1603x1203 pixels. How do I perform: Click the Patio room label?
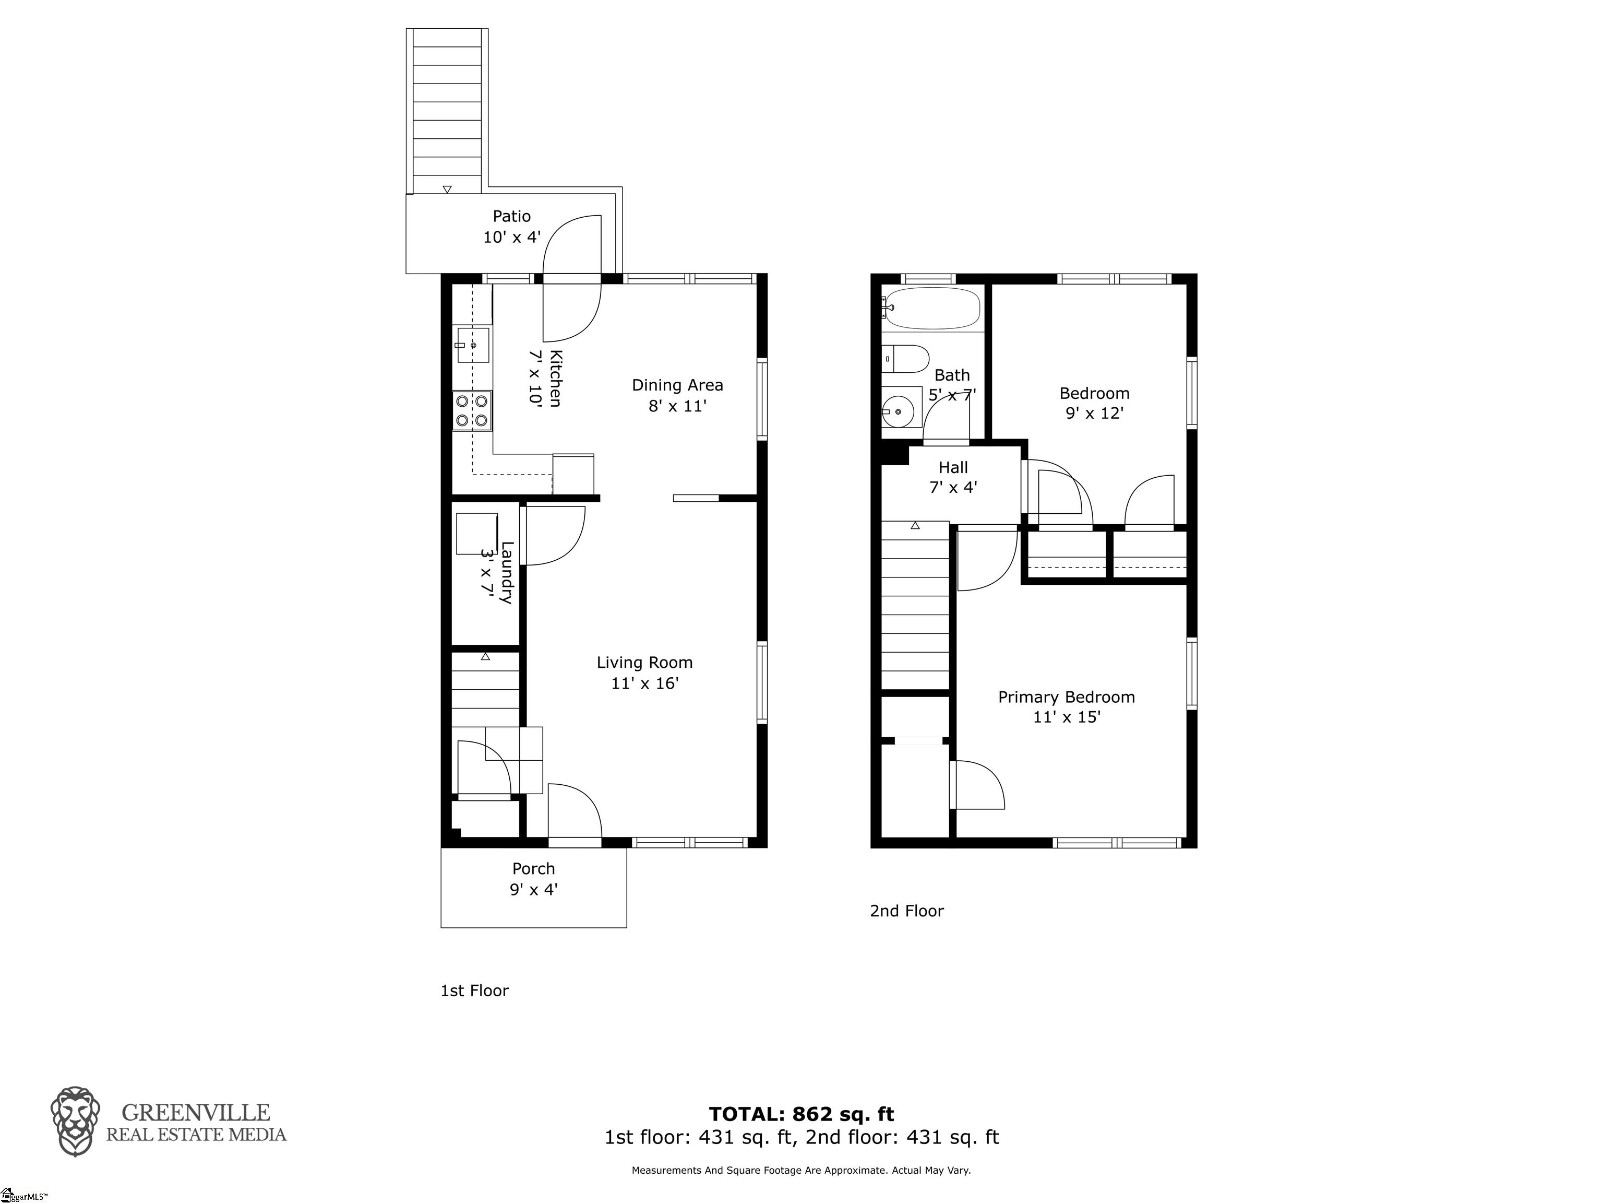click(x=511, y=216)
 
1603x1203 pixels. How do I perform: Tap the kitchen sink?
click(x=472, y=345)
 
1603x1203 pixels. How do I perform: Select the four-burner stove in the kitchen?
click(x=472, y=410)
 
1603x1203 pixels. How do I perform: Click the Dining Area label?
click(x=678, y=385)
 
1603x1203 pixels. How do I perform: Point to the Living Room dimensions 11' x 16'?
click(x=645, y=683)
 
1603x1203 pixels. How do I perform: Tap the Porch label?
click(x=533, y=869)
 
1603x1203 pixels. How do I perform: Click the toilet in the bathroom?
click(x=906, y=359)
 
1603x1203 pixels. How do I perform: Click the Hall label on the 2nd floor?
click(x=953, y=468)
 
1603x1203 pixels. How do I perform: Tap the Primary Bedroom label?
click(x=1066, y=698)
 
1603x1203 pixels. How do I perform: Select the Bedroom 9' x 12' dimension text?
click(x=1094, y=414)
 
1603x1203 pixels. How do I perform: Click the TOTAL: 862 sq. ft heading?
click(x=801, y=1114)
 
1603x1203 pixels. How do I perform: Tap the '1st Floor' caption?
click(x=475, y=990)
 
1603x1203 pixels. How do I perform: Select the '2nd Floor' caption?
click(x=906, y=911)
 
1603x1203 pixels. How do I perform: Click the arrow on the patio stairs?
click(x=447, y=189)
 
